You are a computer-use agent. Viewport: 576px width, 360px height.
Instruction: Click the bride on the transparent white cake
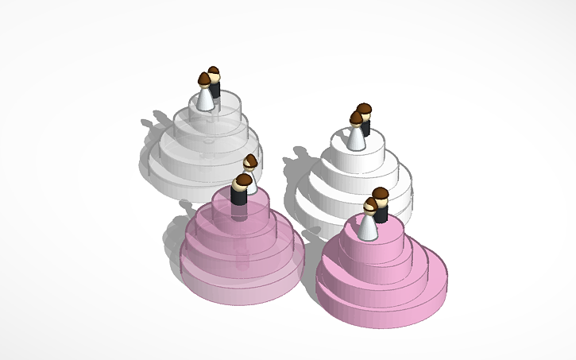(x=206, y=94)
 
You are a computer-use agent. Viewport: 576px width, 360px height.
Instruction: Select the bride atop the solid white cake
(x=357, y=134)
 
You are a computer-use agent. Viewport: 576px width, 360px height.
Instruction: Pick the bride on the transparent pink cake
(x=250, y=171)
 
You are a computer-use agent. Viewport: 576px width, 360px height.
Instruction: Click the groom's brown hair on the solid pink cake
(x=381, y=194)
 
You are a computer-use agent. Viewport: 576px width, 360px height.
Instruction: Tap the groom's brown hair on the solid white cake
(x=365, y=109)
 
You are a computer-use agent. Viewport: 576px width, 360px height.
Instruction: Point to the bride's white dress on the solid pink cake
(x=368, y=227)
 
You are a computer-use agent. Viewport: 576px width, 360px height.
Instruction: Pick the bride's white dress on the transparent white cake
(x=206, y=99)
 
